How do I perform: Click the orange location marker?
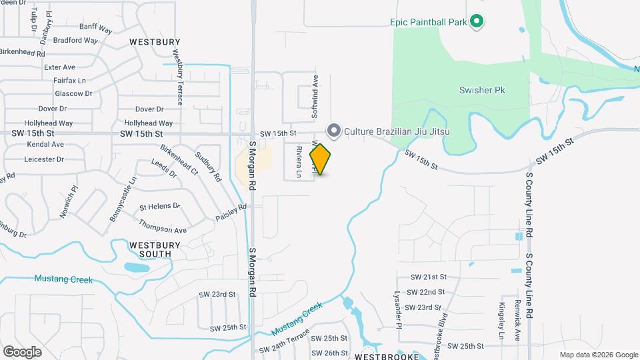pyautogui.click(x=321, y=159)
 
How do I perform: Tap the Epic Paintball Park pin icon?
pyautogui.click(x=476, y=22)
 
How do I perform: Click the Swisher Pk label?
pyautogui.click(x=483, y=89)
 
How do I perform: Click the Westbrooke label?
pyautogui.click(x=391, y=355)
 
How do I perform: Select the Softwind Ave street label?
pyautogui.click(x=316, y=97)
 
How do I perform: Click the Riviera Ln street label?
pyautogui.click(x=299, y=163)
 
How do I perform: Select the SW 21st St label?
pyautogui.click(x=428, y=277)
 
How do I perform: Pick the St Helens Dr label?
pyautogui.click(x=159, y=206)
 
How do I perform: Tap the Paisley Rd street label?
pyautogui.click(x=231, y=213)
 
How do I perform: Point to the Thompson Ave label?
pyautogui.click(x=162, y=230)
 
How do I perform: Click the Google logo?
pyautogui.click(x=22, y=351)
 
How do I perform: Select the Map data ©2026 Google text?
pyautogui.click(x=598, y=355)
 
